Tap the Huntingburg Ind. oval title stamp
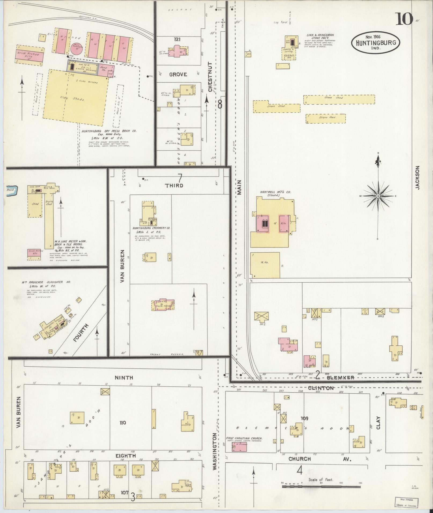pyautogui.click(x=375, y=43)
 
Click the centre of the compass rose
pyautogui.click(x=378, y=196)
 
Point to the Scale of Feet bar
pyautogui.click(x=322, y=486)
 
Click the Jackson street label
pyautogui.click(x=417, y=178)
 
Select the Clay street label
pyautogui.click(x=379, y=423)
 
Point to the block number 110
pyautogui.click(x=123, y=423)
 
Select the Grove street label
pyautogui.click(x=178, y=74)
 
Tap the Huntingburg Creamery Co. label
pyautogui.click(x=151, y=228)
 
